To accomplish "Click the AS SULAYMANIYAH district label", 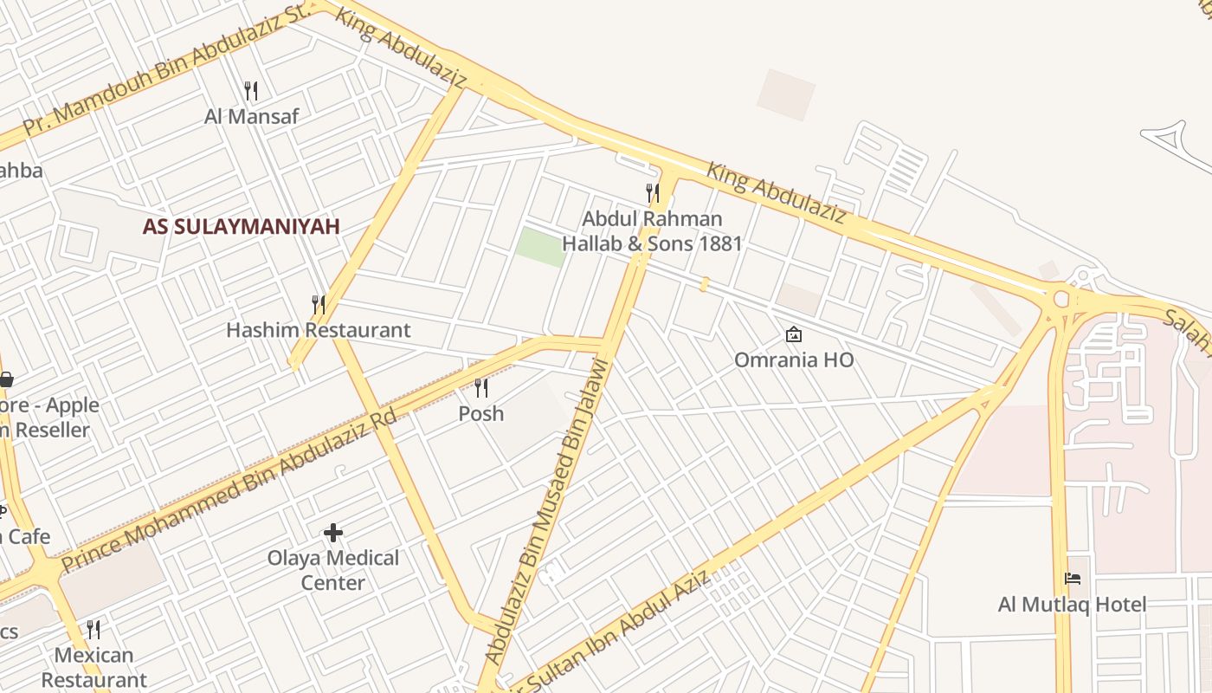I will pyautogui.click(x=241, y=227).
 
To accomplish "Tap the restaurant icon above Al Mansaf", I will pyautogui.click(x=251, y=90).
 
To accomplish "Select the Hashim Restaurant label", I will pyautogui.click(x=318, y=330).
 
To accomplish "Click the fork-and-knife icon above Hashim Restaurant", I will pyautogui.click(x=319, y=304).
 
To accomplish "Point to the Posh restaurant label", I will pyautogui.click(x=480, y=414).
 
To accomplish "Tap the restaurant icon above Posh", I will pyautogui.click(x=481, y=387).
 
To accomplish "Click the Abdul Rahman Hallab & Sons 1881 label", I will pyautogui.click(x=652, y=231).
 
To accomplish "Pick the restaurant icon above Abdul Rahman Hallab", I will pyautogui.click(x=653, y=192).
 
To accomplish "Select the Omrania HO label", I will pyautogui.click(x=793, y=359).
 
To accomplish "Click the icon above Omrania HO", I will pyautogui.click(x=793, y=334).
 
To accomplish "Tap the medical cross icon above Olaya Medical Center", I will pyautogui.click(x=333, y=532).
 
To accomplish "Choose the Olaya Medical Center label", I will pyautogui.click(x=333, y=570).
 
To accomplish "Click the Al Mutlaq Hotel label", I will pyautogui.click(x=1072, y=605).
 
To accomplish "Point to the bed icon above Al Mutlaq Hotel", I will pyautogui.click(x=1073, y=579).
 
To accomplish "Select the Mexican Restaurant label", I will pyautogui.click(x=93, y=667).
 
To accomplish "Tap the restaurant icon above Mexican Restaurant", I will pyautogui.click(x=93, y=629).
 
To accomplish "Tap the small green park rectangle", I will pyautogui.click(x=540, y=246).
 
